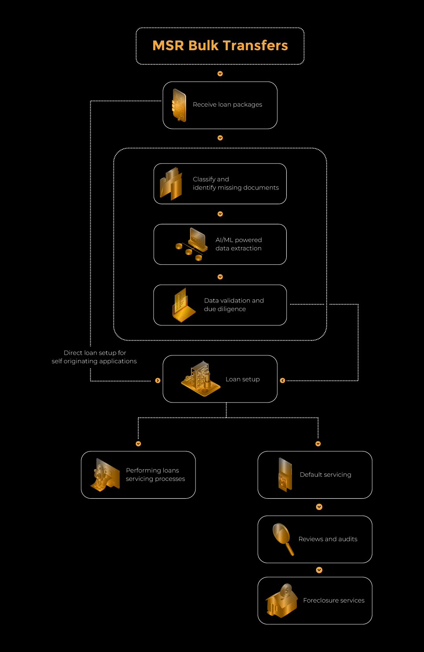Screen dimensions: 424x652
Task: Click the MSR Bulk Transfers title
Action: pos(220,46)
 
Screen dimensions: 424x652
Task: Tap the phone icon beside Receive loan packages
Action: pos(179,105)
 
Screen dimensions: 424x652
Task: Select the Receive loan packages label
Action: pos(227,104)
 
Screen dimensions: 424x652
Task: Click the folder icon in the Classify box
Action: pos(171,184)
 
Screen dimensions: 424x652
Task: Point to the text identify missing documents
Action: pos(236,188)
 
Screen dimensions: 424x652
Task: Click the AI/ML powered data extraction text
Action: pos(239,244)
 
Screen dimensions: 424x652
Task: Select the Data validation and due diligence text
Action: pos(234,304)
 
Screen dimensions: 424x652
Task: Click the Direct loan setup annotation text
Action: pos(94,357)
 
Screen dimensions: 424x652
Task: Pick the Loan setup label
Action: pos(243,379)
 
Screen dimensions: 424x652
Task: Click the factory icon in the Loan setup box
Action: pos(201,379)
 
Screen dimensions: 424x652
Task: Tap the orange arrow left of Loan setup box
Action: pos(158,381)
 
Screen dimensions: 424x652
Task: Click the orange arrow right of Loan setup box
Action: pos(283,381)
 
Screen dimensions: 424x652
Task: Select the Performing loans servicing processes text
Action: pos(155,474)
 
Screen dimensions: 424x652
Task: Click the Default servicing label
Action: pos(325,475)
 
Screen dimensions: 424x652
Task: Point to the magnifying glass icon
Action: pos(283,539)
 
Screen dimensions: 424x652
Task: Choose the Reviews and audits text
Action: pos(328,539)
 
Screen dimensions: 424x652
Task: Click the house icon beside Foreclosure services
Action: pos(281,601)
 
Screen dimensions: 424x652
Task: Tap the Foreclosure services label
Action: pos(334,601)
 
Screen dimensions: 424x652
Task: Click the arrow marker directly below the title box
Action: pos(220,74)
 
